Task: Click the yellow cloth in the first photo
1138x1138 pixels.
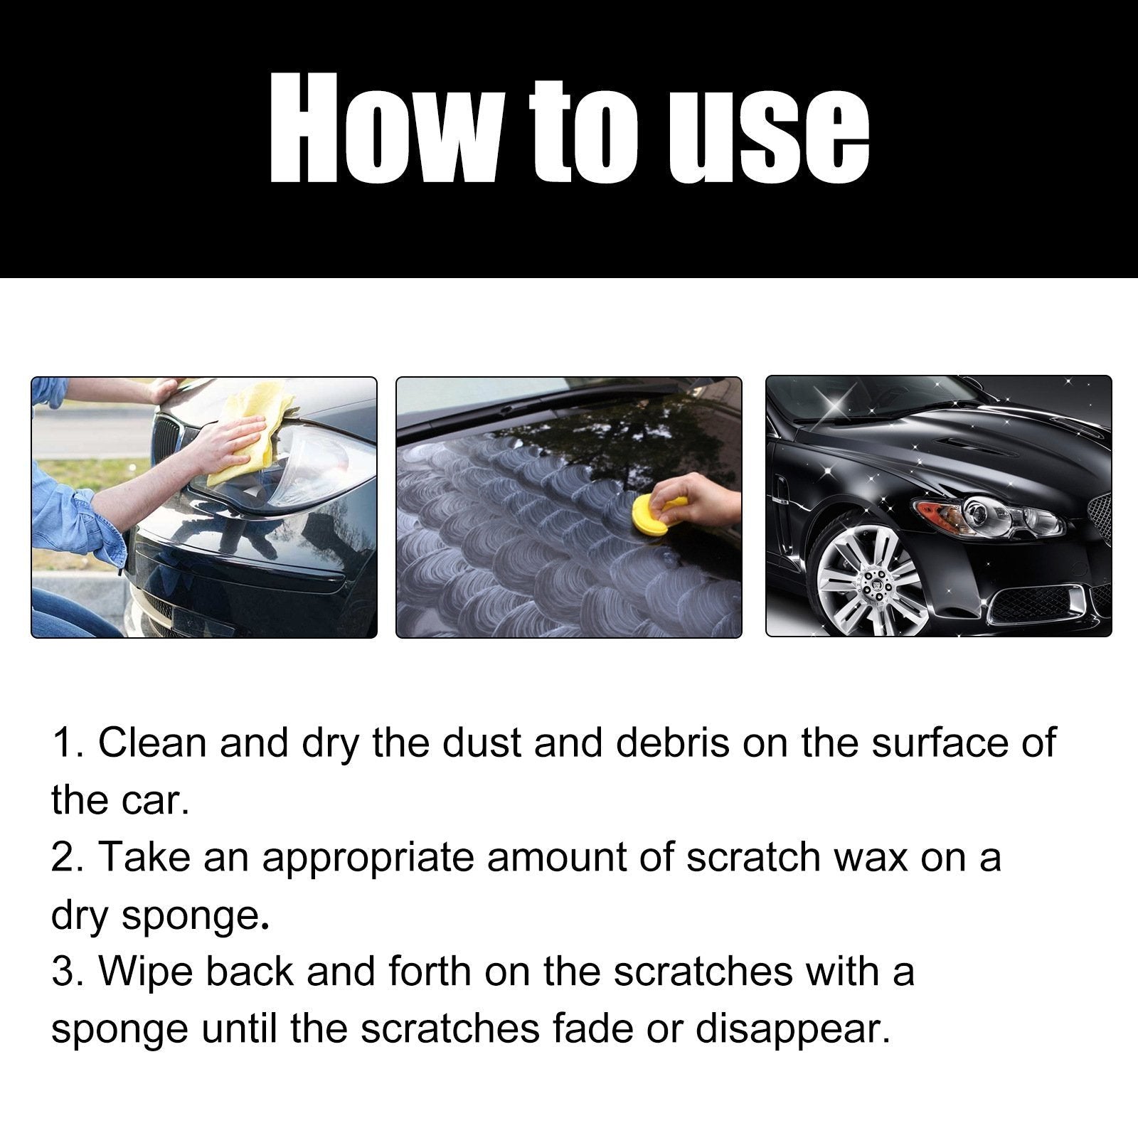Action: click(256, 430)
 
